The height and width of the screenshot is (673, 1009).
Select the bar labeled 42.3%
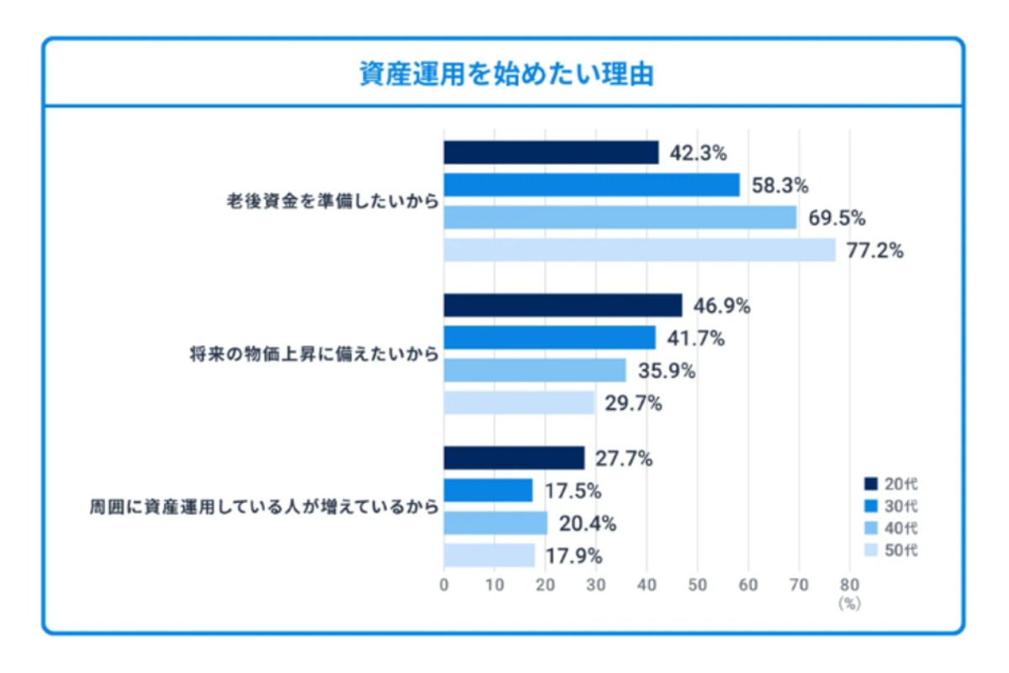coord(551,152)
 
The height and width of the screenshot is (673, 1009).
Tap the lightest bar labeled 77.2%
coord(639,250)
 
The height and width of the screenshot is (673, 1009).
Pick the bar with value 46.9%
coord(563,305)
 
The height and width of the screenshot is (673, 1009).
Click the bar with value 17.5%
coord(488,490)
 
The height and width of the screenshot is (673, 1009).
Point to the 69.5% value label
coord(837,218)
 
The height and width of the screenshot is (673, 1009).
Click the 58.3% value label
coord(779,185)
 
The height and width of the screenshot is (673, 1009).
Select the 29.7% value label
coord(633,403)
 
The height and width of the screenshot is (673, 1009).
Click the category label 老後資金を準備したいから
coord(331,202)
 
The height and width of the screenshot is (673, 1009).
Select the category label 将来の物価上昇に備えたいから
coord(314,355)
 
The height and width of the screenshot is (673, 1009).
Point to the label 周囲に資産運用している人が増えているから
coord(265,507)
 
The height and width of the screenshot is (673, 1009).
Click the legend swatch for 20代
coord(870,484)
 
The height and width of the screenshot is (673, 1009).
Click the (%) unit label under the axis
coord(849,603)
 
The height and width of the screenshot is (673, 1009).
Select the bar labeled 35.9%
coord(535,370)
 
